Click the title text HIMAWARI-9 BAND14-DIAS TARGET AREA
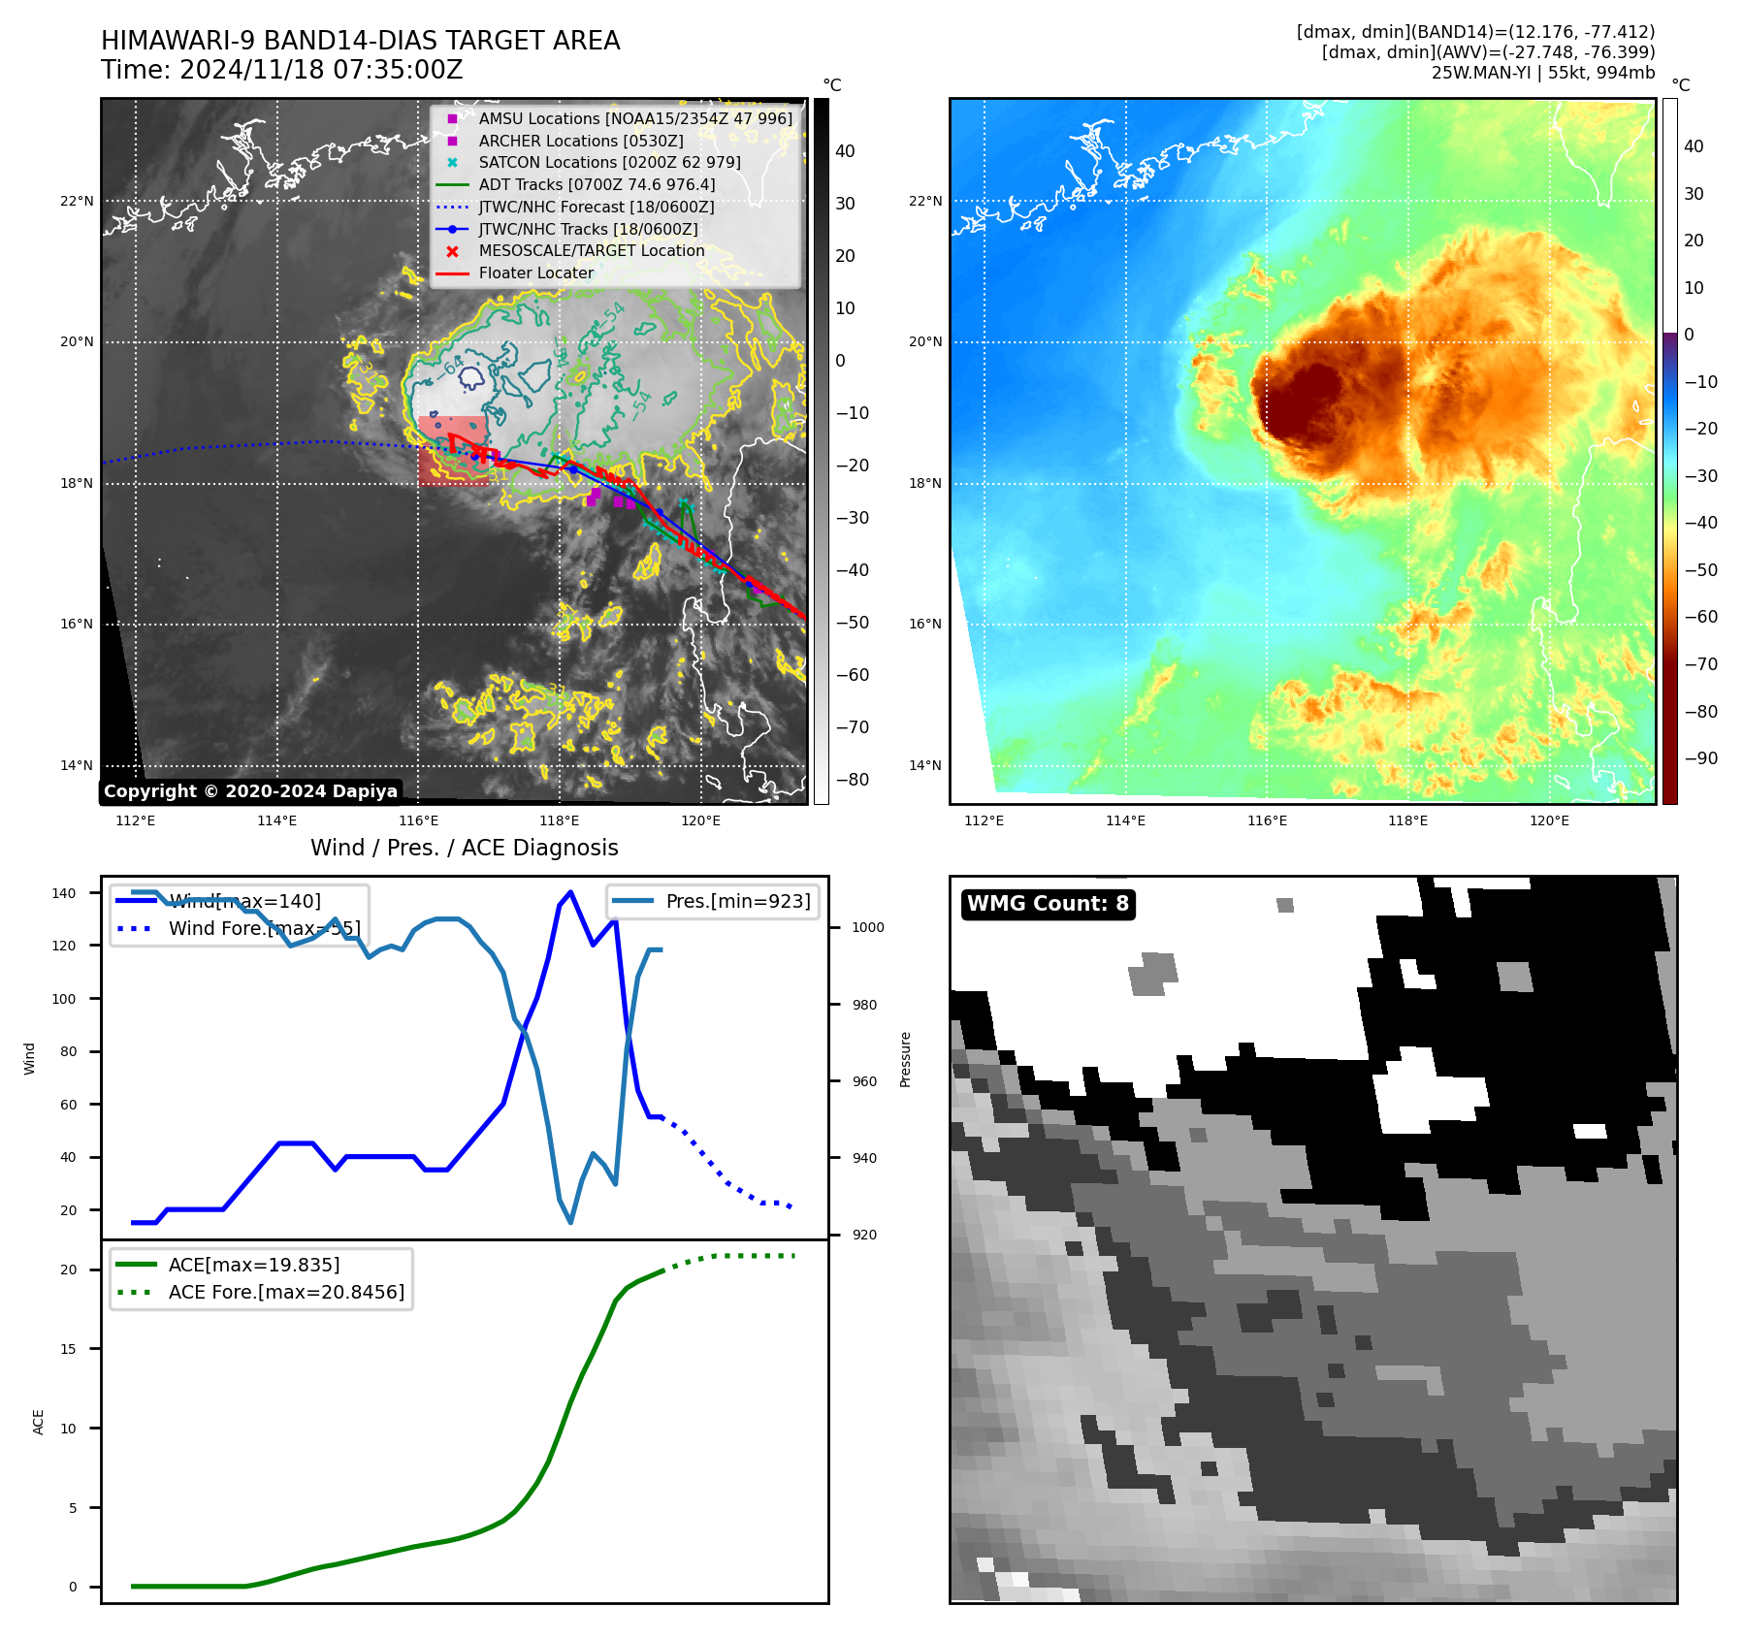coord(360,41)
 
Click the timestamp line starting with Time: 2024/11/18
coord(281,70)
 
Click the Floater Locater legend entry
coord(535,273)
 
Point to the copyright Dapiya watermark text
coord(250,791)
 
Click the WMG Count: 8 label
coord(1048,904)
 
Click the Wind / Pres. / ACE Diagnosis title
coord(464,848)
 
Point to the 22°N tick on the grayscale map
coord(78,202)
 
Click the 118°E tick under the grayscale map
coord(560,820)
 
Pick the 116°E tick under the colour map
coord(1267,820)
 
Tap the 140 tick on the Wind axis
coord(64,893)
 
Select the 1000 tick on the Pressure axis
coord(867,927)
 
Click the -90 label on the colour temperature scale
coord(1700,758)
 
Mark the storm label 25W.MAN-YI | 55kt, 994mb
coord(1542,73)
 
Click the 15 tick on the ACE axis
coord(68,1349)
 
